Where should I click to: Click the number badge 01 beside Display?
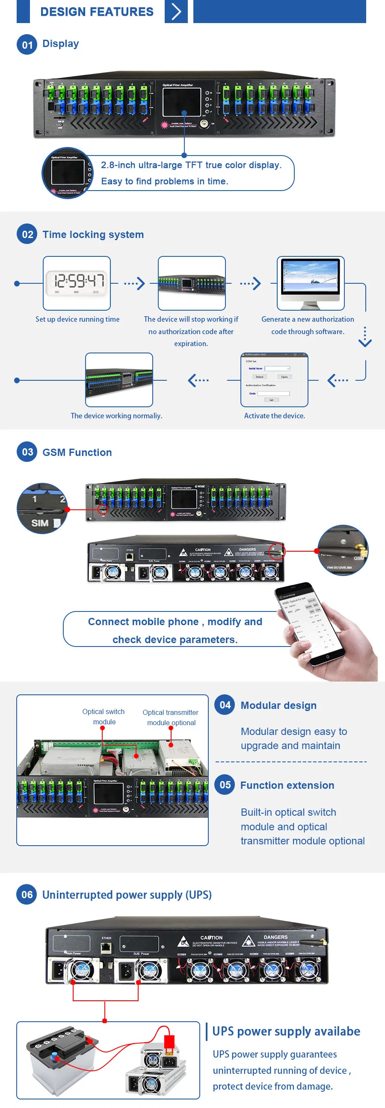tap(27, 45)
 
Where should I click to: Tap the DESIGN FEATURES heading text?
tap(97, 12)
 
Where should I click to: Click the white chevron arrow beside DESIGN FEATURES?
tap(176, 12)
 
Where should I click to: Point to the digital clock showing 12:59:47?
tap(77, 282)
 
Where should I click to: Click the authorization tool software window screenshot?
tap(274, 379)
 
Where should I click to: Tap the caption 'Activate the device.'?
tap(274, 415)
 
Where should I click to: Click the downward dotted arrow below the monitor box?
tap(365, 337)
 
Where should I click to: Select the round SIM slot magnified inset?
tap(42, 508)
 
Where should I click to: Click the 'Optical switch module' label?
tap(104, 717)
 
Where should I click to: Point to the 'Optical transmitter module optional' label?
tap(171, 717)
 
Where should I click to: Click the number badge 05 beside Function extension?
tap(225, 785)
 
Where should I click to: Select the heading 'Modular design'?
tap(278, 705)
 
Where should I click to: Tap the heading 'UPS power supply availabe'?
tap(286, 1031)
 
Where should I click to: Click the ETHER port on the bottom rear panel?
tap(107, 947)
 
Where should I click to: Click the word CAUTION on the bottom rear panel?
tap(211, 938)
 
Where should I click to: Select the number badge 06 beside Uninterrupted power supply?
tap(27, 895)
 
